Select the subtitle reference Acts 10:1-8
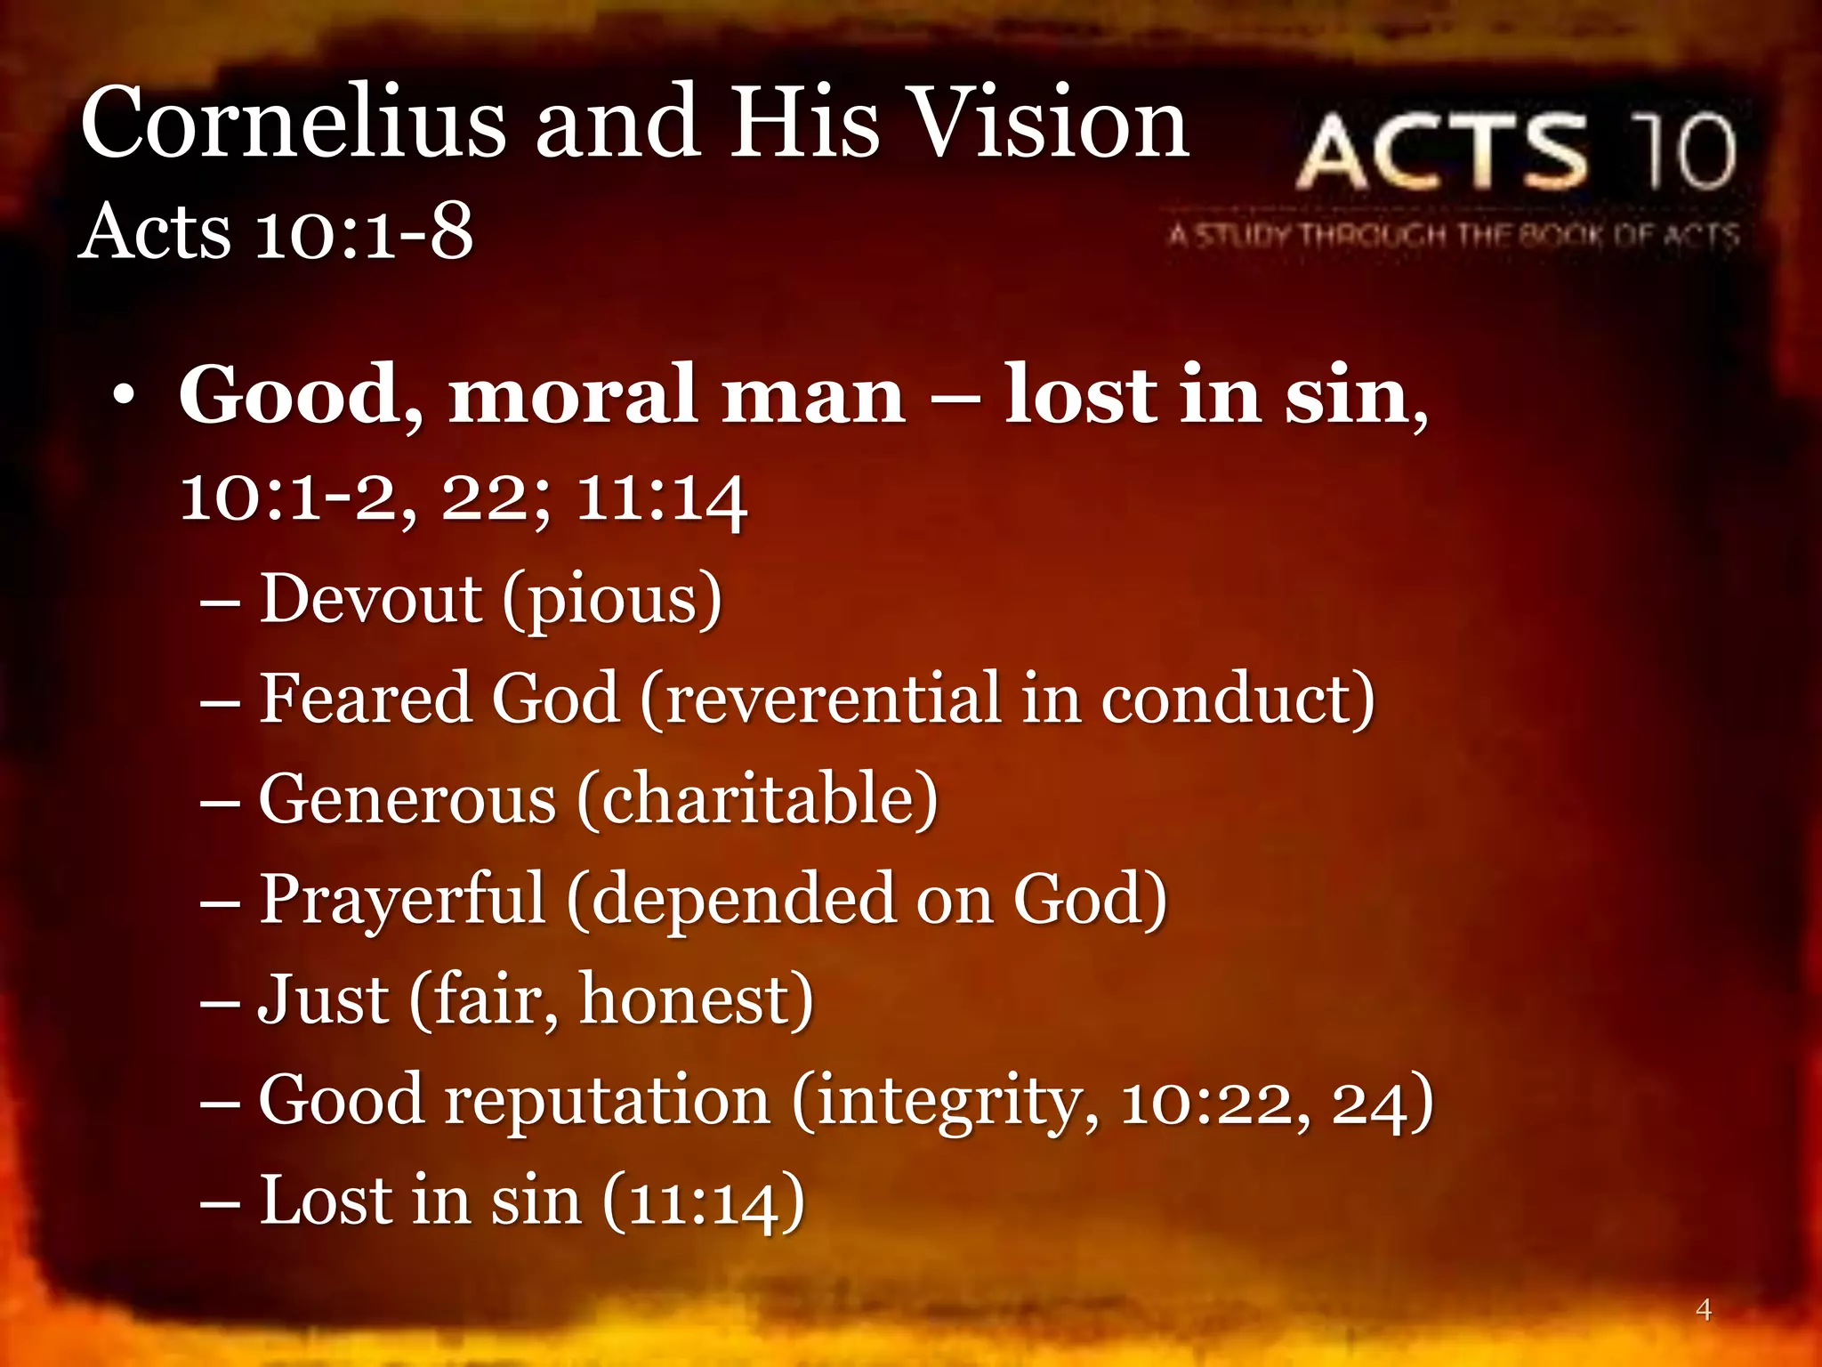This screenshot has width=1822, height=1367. tap(276, 231)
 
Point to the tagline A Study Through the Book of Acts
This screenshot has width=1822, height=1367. tap(1454, 236)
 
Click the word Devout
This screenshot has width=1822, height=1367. tap(370, 598)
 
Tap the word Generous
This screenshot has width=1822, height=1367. tap(407, 799)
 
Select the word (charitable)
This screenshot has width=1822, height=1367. tap(757, 799)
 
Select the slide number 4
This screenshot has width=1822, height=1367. tap(1703, 1309)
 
